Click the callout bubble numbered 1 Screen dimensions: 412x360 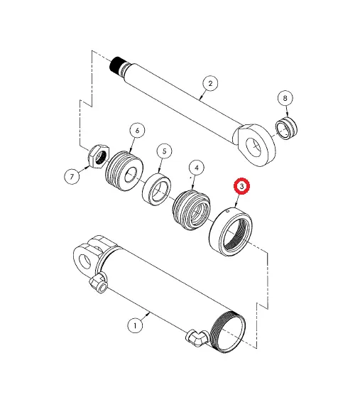pos(134,325)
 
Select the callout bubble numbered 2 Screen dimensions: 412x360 pos(209,83)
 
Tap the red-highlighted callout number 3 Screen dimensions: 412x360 pos(242,187)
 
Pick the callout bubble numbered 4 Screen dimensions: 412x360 pos(196,168)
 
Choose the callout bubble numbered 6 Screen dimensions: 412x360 pos(136,131)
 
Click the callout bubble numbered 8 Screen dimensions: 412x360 pos(285,97)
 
